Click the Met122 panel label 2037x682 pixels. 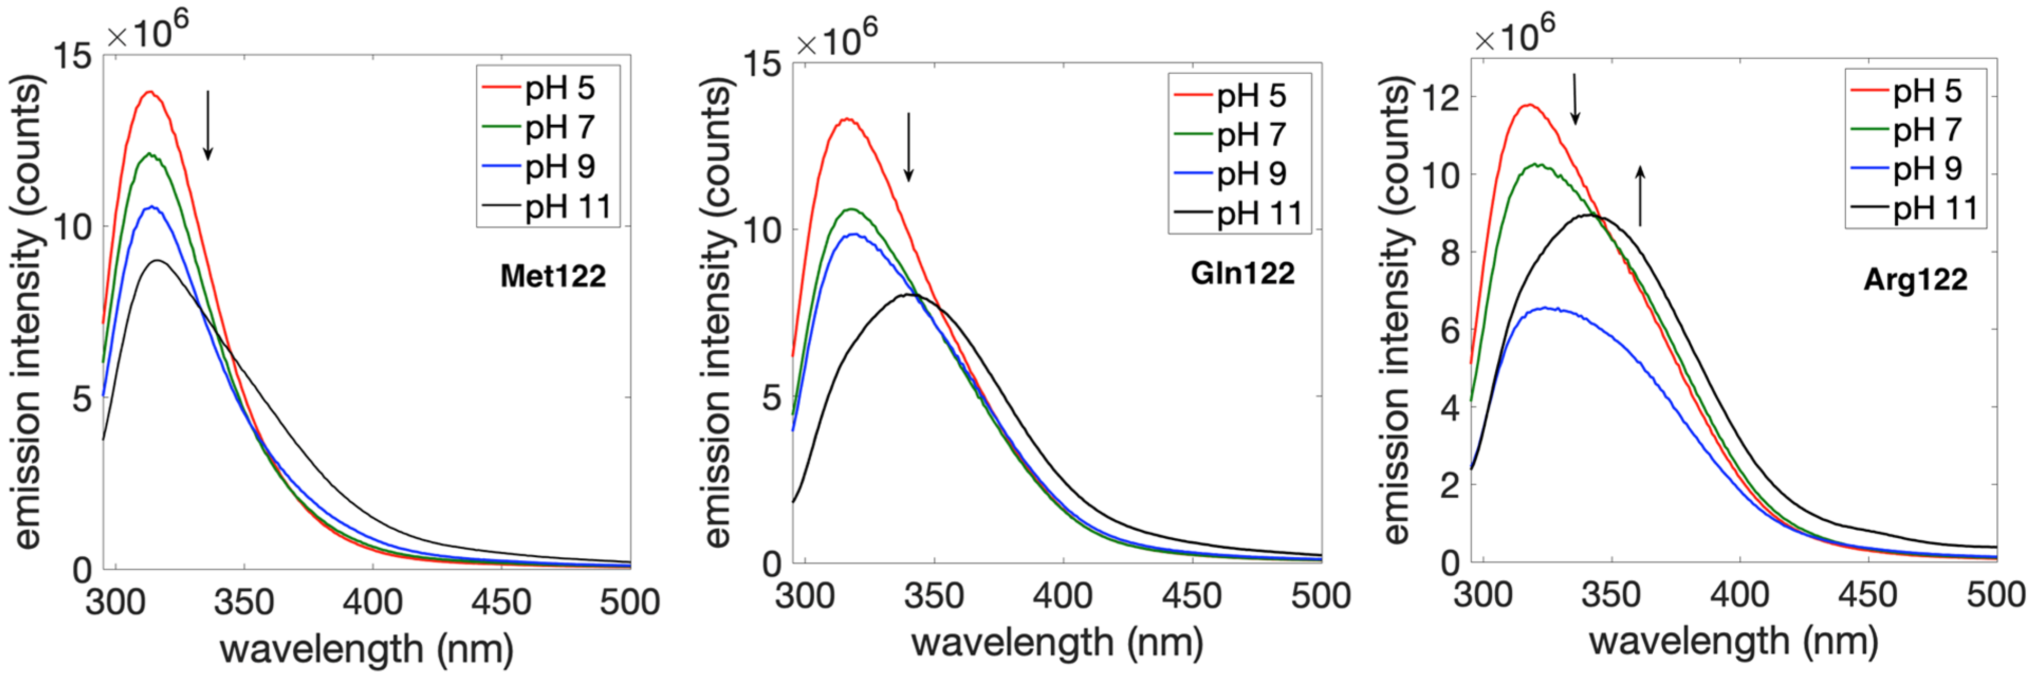click(x=553, y=276)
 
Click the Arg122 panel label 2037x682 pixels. click(x=1915, y=279)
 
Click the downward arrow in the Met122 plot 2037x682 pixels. click(x=208, y=125)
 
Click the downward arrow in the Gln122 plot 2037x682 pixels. click(x=909, y=146)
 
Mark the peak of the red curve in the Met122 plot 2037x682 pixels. click(x=149, y=93)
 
